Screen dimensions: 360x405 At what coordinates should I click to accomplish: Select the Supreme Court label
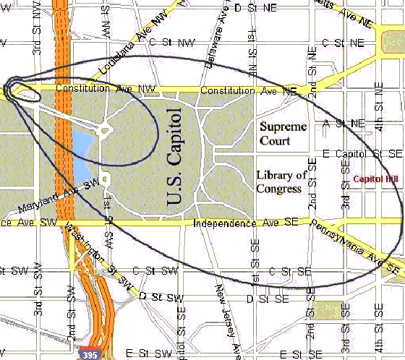tap(283, 134)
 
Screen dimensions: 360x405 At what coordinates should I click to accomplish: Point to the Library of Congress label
tap(282, 182)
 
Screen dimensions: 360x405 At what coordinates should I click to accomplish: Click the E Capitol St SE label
tap(362, 154)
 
